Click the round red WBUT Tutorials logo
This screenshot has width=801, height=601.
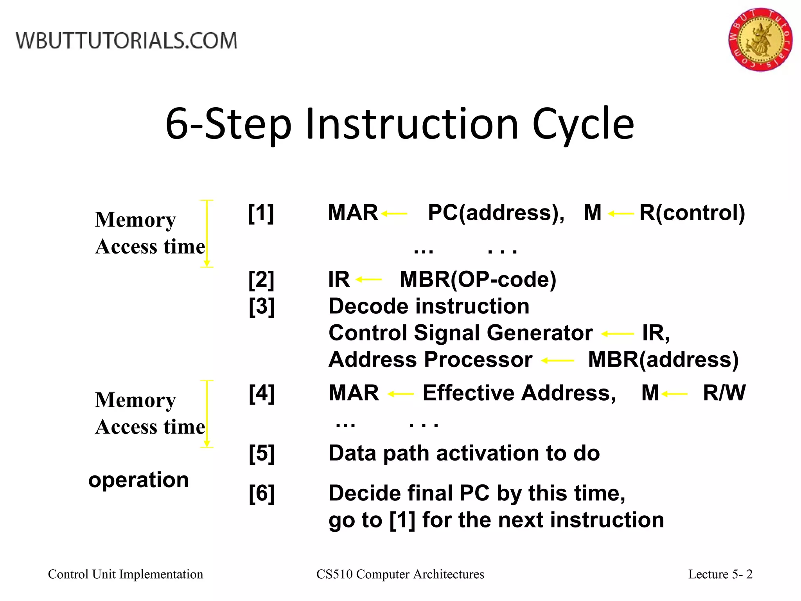pos(760,40)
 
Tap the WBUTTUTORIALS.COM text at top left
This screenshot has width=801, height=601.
pos(126,41)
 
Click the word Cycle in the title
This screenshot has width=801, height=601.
pos(583,124)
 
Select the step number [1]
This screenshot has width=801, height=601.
pos(261,213)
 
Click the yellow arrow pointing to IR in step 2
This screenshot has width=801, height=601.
pos(368,279)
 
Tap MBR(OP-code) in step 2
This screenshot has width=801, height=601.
pos(478,279)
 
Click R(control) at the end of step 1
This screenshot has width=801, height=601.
pos(692,213)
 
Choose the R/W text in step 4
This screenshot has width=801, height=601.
pos(724,393)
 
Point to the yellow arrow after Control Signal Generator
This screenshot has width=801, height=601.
pos(617,334)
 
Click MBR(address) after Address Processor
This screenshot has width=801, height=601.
pos(663,360)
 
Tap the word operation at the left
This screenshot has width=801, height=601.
pos(138,480)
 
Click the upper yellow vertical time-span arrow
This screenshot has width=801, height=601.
pos(207,234)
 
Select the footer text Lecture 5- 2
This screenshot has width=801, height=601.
pos(720,574)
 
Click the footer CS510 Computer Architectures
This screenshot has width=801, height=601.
pos(400,574)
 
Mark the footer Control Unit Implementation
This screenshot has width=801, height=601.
pos(126,574)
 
